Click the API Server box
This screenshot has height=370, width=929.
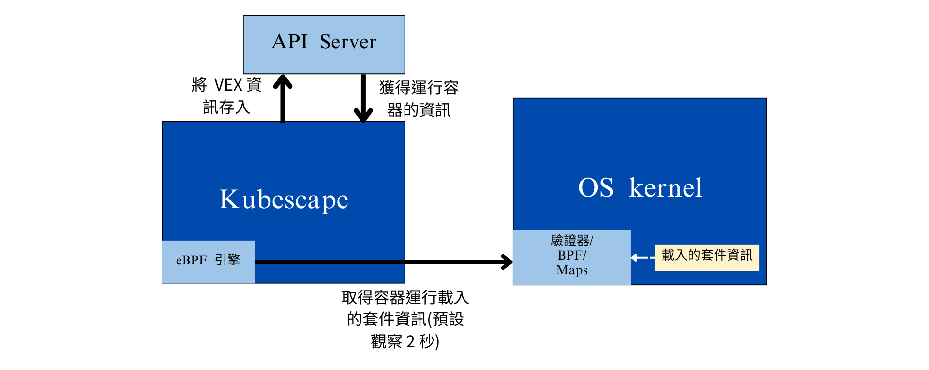click(x=324, y=45)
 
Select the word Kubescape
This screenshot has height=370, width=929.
click(x=284, y=200)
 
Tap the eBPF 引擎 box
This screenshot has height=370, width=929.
click(x=208, y=262)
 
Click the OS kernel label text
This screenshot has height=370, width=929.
click(x=640, y=187)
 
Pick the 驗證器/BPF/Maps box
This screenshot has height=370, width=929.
click(x=572, y=258)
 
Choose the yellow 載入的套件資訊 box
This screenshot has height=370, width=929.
click(x=707, y=257)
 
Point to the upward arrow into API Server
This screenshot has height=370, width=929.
click(x=283, y=98)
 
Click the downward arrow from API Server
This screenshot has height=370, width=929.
click(x=363, y=98)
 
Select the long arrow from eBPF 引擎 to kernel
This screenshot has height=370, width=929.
click(x=384, y=262)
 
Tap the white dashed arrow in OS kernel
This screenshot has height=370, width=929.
click(x=643, y=257)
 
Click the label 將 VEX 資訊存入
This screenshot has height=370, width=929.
click(x=226, y=96)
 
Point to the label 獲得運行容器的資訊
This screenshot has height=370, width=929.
click(x=419, y=99)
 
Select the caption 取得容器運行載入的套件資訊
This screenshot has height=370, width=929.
click(x=405, y=319)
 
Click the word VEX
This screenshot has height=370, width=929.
click(x=228, y=85)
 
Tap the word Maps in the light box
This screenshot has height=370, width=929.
click(x=572, y=270)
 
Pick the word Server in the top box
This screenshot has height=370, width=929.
click(x=348, y=42)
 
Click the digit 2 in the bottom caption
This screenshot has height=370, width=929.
click(x=410, y=342)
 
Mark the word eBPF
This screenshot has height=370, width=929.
click(x=191, y=260)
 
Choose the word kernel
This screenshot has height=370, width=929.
click(x=665, y=187)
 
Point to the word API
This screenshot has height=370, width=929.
click(x=290, y=42)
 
